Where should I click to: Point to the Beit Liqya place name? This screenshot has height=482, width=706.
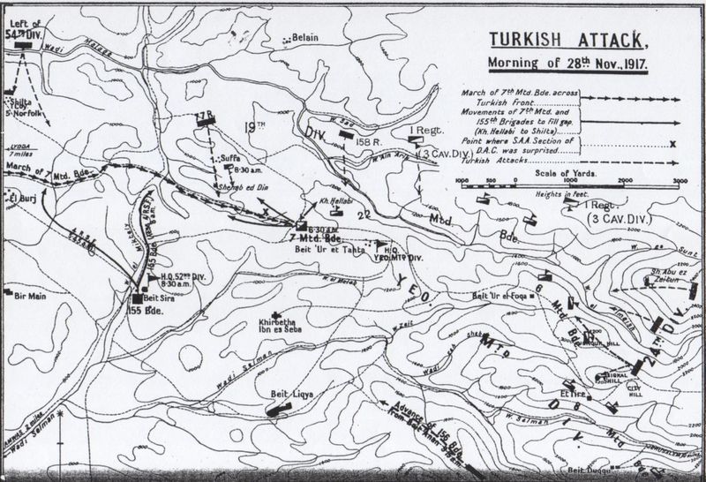[280, 387]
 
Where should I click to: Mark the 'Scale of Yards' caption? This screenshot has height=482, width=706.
[563, 175]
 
